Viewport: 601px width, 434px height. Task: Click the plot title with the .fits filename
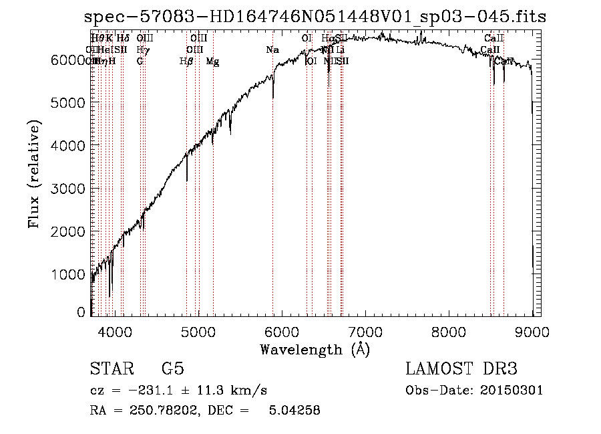coord(315,17)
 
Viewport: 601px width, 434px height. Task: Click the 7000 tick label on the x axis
coord(365,331)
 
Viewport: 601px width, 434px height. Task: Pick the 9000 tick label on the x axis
coord(532,331)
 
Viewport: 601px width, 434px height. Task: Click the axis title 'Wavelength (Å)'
coord(315,349)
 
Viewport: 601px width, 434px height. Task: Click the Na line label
coord(272,50)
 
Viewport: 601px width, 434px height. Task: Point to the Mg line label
coord(212,62)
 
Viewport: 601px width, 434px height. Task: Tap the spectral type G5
coord(172,369)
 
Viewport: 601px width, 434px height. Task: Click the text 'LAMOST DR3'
coord(461,369)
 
